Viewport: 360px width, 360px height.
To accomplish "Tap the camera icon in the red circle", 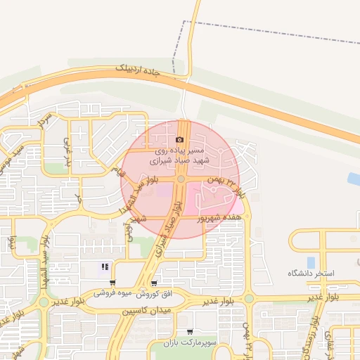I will (179, 140).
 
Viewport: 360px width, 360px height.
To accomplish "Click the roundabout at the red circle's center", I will (181, 180).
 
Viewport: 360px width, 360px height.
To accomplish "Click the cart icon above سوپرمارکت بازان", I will (189, 332).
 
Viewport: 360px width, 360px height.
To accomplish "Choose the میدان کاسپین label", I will (148, 310).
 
